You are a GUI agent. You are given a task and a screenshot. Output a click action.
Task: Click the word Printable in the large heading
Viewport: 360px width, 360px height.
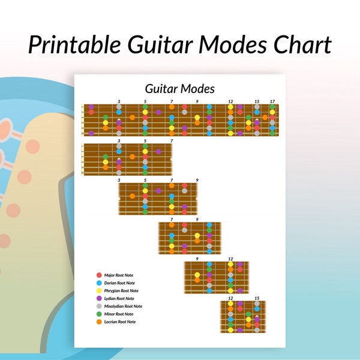point(74,44)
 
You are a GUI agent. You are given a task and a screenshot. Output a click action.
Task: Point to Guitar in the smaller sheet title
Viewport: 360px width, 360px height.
point(161,89)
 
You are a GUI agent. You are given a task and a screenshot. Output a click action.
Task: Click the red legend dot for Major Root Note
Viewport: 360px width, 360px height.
point(99,275)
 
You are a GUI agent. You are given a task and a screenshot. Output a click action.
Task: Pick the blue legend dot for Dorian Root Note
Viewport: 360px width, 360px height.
point(99,283)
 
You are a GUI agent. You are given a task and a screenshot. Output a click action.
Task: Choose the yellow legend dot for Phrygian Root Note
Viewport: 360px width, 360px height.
point(99,290)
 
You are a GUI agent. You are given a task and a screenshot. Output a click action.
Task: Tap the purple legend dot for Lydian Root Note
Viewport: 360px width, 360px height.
point(99,298)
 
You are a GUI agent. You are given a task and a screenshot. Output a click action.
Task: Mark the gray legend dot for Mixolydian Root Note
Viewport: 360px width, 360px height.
point(99,306)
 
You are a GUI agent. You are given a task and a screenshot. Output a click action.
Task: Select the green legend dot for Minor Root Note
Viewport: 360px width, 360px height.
point(99,314)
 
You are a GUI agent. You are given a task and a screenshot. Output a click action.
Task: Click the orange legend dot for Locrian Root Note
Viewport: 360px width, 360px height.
point(99,322)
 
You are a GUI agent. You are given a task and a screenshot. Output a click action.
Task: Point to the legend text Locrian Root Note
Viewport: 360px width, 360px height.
point(120,322)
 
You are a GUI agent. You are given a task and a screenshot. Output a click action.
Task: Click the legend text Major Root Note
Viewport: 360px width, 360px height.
point(118,275)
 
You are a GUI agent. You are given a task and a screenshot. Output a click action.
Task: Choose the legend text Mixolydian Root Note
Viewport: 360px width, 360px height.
point(123,306)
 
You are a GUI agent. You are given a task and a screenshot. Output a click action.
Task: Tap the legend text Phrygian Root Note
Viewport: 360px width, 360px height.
point(121,290)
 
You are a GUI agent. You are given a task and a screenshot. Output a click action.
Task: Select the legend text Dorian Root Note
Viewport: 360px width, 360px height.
point(119,283)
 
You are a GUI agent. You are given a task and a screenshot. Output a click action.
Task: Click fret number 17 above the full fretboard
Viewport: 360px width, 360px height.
point(272,101)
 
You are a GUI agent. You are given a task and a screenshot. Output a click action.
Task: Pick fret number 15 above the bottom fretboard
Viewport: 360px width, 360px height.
point(257,298)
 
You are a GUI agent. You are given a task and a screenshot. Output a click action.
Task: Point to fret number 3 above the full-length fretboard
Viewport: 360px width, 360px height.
point(119,101)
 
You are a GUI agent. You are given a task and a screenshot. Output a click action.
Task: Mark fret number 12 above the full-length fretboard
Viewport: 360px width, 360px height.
point(230,101)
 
